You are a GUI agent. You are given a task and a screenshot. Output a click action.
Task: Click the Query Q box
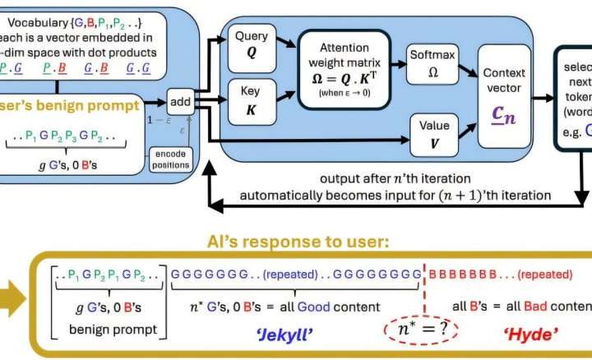click(252, 44)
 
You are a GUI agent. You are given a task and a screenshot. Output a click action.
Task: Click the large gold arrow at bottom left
click(12, 301)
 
